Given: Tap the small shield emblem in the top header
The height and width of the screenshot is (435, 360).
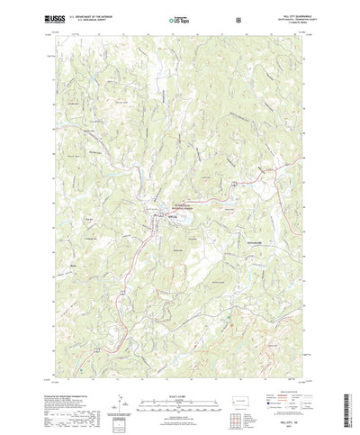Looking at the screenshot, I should point(238,18).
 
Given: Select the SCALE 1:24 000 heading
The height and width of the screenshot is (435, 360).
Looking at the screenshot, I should point(178,367).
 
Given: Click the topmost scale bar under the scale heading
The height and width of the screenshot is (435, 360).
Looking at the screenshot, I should point(178,375).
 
